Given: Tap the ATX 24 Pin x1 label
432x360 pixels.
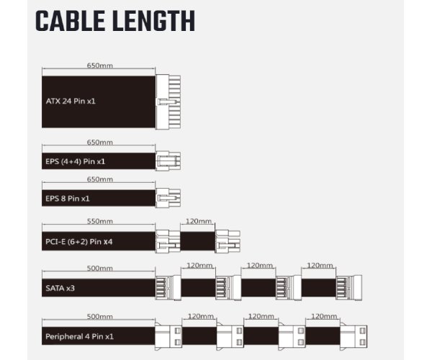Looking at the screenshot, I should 71,102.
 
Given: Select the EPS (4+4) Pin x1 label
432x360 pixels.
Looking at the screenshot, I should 76,161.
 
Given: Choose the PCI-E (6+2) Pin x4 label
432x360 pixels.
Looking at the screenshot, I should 78,242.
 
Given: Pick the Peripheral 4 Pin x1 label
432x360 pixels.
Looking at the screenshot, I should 78,336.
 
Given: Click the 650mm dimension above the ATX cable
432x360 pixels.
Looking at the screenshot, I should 99,66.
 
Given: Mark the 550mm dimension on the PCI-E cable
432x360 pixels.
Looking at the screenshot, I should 99,221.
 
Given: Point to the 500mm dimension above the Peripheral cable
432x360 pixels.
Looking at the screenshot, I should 99,316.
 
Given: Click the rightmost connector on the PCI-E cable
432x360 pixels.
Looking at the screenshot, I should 228,240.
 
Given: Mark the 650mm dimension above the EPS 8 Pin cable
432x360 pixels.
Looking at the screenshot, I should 99,179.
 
